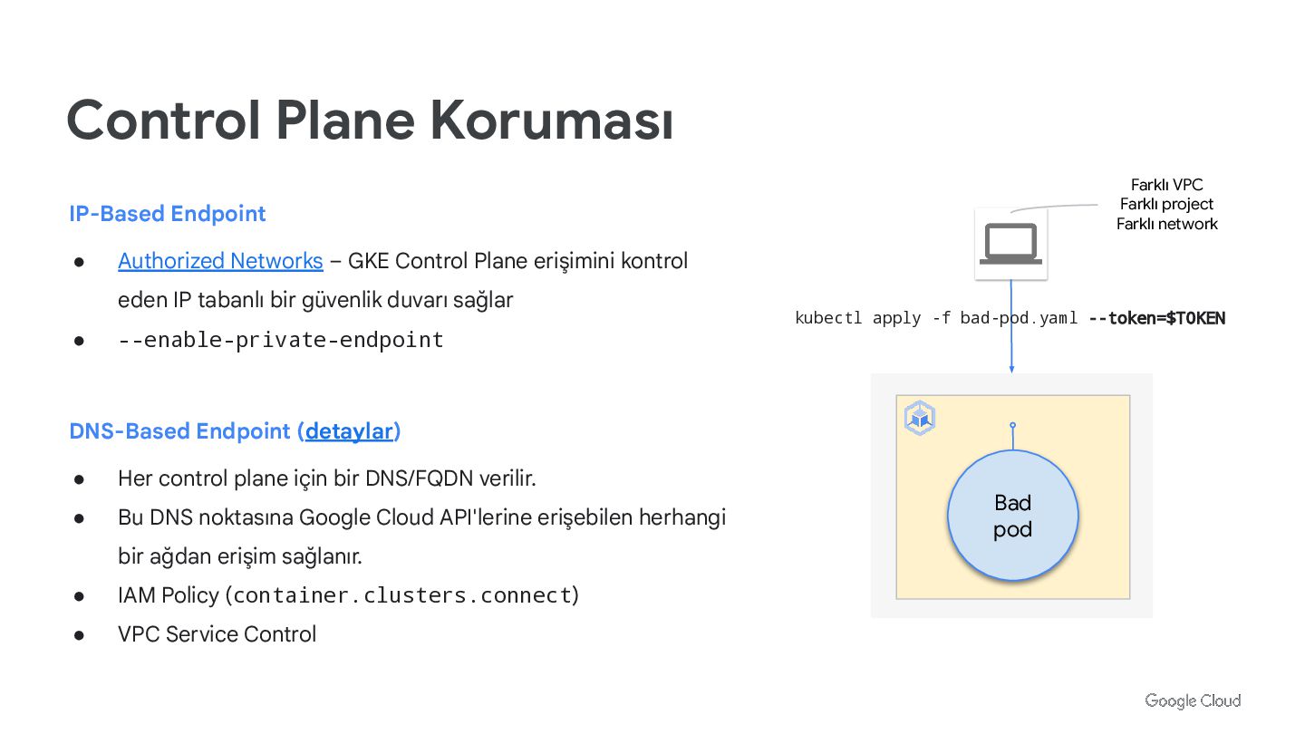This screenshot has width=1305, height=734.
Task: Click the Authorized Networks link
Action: click(x=220, y=261)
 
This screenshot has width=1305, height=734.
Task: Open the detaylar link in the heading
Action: click(x=349, y=431)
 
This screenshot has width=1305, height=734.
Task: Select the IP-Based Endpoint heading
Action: click(x=168, y=214)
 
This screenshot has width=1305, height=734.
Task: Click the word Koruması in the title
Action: click(x=551, y=121)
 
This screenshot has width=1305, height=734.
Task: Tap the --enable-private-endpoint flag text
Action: click(x=281, y=340)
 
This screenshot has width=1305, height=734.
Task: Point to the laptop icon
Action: click(x=1011, y=243)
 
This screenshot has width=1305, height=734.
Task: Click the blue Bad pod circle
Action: click(x=1012, y=516)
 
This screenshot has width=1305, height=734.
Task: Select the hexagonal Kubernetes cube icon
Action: click(x=920, y=418)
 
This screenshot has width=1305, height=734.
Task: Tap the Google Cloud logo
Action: click(x=1192, y=700)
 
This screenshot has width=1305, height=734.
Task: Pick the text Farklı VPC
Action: click(x=1166, y=185)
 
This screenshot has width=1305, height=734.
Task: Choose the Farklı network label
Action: click(x=1166, y=224)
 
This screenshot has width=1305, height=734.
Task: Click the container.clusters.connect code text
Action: click(x=402, y=595)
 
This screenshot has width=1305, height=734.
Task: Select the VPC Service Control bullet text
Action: click(x=217, y=634)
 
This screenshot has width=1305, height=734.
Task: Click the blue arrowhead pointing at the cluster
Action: click(x=1011, y=368)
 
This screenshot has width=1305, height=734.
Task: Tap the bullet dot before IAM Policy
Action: click(x=80, y=596)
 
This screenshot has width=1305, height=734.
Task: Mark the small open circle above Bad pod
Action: click(x=1012, y=425)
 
